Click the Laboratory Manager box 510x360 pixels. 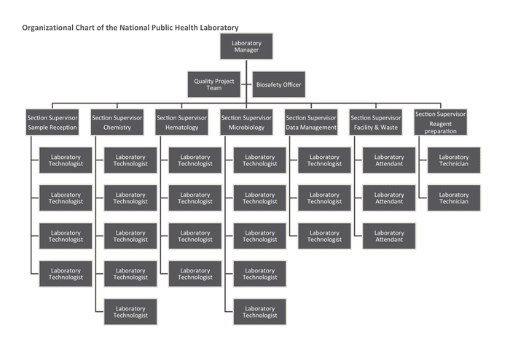pos(246,47)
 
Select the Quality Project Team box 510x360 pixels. pos(214,85)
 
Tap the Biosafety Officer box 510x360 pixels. pos(279,85)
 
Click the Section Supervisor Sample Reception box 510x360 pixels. pos(52,122)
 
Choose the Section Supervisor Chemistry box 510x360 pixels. pos(117,122)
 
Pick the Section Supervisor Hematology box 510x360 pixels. pos(181,122)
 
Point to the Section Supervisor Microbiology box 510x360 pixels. pos(246,122)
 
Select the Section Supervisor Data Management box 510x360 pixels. pos(311,122)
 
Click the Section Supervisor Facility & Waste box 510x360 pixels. pos(376,122)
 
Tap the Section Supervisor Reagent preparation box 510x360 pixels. pos(441,122)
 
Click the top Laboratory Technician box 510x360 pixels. pos(454,160)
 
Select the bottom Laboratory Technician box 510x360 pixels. pos(454,198)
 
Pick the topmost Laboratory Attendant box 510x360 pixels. pos(389,160)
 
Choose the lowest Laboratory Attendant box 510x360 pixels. pos(389,236)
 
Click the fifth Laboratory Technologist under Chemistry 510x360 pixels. pos(130,312)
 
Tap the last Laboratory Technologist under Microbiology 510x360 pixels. pos(260,312)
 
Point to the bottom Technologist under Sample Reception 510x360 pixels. pos(66,274)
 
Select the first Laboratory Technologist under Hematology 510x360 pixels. pos(195,160)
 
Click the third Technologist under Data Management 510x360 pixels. pos(324,236)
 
